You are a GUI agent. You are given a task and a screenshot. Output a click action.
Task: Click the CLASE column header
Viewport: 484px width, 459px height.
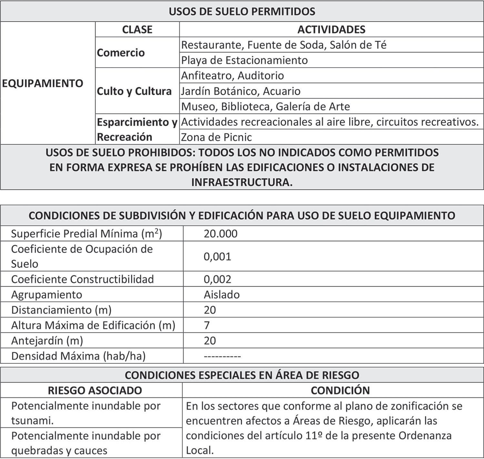(137, 29)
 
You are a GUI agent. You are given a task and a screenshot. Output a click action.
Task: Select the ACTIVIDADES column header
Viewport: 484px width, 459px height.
(331, 29)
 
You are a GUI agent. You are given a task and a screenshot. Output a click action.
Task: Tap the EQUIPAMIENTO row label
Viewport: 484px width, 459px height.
(43, 83)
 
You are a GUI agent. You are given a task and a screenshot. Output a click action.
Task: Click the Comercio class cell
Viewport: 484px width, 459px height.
(121, 53)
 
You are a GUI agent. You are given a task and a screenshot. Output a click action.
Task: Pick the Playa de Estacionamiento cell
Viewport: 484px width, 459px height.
(244, 60)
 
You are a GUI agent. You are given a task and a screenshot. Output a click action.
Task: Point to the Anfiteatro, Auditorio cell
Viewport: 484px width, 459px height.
(232, 76)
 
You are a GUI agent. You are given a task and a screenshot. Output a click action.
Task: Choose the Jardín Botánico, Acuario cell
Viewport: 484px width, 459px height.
(241, 91)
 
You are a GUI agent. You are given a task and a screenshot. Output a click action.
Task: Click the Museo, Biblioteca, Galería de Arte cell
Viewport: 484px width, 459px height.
(265, 107)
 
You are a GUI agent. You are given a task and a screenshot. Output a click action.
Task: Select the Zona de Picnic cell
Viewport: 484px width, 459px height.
(216, 137)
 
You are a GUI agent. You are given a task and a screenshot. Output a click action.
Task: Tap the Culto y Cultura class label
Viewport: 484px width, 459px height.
(134, 91)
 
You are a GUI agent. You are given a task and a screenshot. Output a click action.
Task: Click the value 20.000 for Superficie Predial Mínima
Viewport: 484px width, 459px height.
(220, 233)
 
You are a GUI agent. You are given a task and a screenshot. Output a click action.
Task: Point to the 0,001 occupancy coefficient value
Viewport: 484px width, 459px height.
(217, 257)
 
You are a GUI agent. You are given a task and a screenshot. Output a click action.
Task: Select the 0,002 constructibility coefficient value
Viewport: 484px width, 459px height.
(217, 279)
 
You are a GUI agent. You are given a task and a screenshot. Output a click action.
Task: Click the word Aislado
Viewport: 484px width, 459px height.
(222, 294)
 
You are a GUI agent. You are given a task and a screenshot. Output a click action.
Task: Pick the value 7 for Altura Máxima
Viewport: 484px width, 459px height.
(207, 325)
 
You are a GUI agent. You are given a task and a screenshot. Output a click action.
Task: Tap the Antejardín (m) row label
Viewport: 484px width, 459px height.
(47, 341)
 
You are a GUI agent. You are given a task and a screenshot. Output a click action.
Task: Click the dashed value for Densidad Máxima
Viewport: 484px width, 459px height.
(222, 356)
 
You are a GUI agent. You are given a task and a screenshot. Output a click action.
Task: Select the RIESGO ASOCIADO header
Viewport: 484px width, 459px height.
(95, 390)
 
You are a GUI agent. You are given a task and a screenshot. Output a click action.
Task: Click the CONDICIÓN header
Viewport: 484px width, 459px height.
(340, 390)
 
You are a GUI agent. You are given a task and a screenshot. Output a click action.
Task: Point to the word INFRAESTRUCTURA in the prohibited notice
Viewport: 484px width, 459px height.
(242, 182)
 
